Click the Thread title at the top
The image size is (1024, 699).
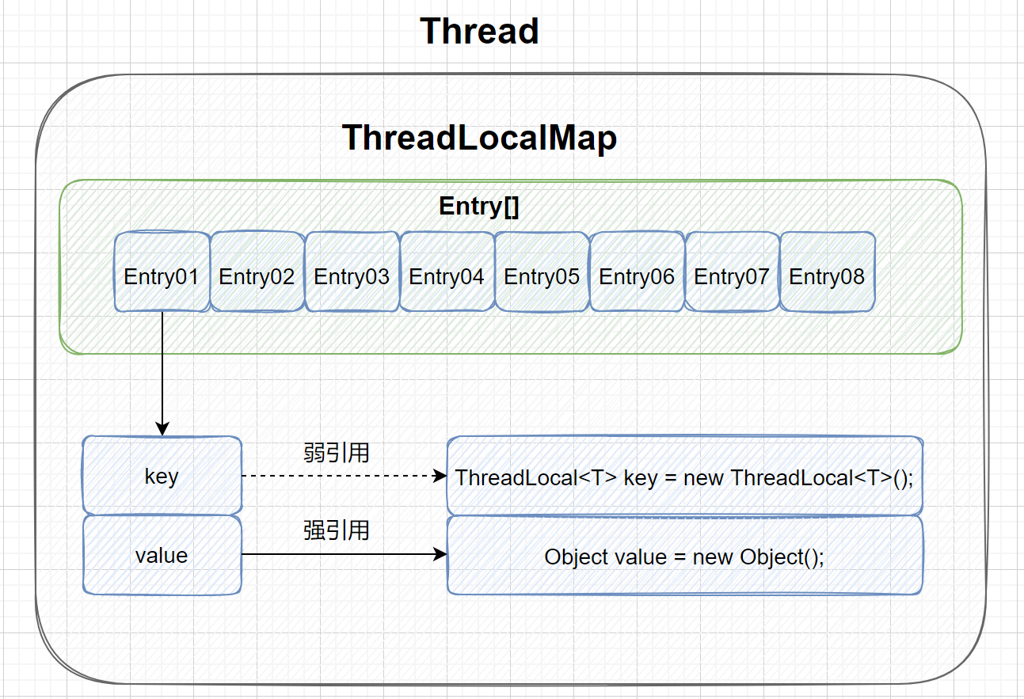tap(479, 32)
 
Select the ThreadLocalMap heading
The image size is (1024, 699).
tap(479, 139)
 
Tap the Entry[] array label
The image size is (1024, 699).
tap(479, 207)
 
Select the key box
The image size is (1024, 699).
tap(162, 476)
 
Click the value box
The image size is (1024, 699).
tap(162, 555)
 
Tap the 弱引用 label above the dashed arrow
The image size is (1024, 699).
tap(337, 453)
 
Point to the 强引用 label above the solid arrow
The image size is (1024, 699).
tap(337, 530)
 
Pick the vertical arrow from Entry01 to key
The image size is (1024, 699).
tap(162, 372)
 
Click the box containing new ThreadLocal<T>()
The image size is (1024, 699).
tap(684, 477)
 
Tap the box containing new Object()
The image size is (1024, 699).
tap(684, 556)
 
